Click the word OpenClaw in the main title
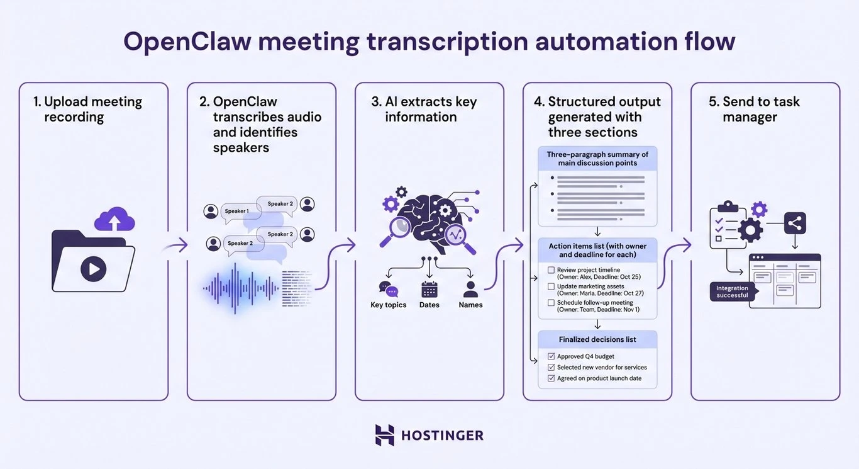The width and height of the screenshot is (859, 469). (187, 42)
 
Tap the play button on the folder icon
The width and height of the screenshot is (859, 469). (93, 269)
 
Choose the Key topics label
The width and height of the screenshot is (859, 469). (388, 305)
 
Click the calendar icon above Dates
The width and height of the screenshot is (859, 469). (429, 289)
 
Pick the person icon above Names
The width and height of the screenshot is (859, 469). (470, 289)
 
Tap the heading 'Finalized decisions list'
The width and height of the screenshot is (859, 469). (597, 339)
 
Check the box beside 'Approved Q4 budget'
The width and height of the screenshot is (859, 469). (551, 356)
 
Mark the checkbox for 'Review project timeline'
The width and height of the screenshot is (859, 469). (551, 270)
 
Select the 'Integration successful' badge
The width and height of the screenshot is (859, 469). (733, 291)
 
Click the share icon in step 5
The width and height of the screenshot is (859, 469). (795, 223)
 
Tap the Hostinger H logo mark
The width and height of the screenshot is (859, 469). (384, 435)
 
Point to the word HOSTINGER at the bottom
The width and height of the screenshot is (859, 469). (442, 436)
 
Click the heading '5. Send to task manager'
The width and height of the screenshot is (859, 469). (761, 109)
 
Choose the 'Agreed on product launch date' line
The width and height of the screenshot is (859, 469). (599, 378)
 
